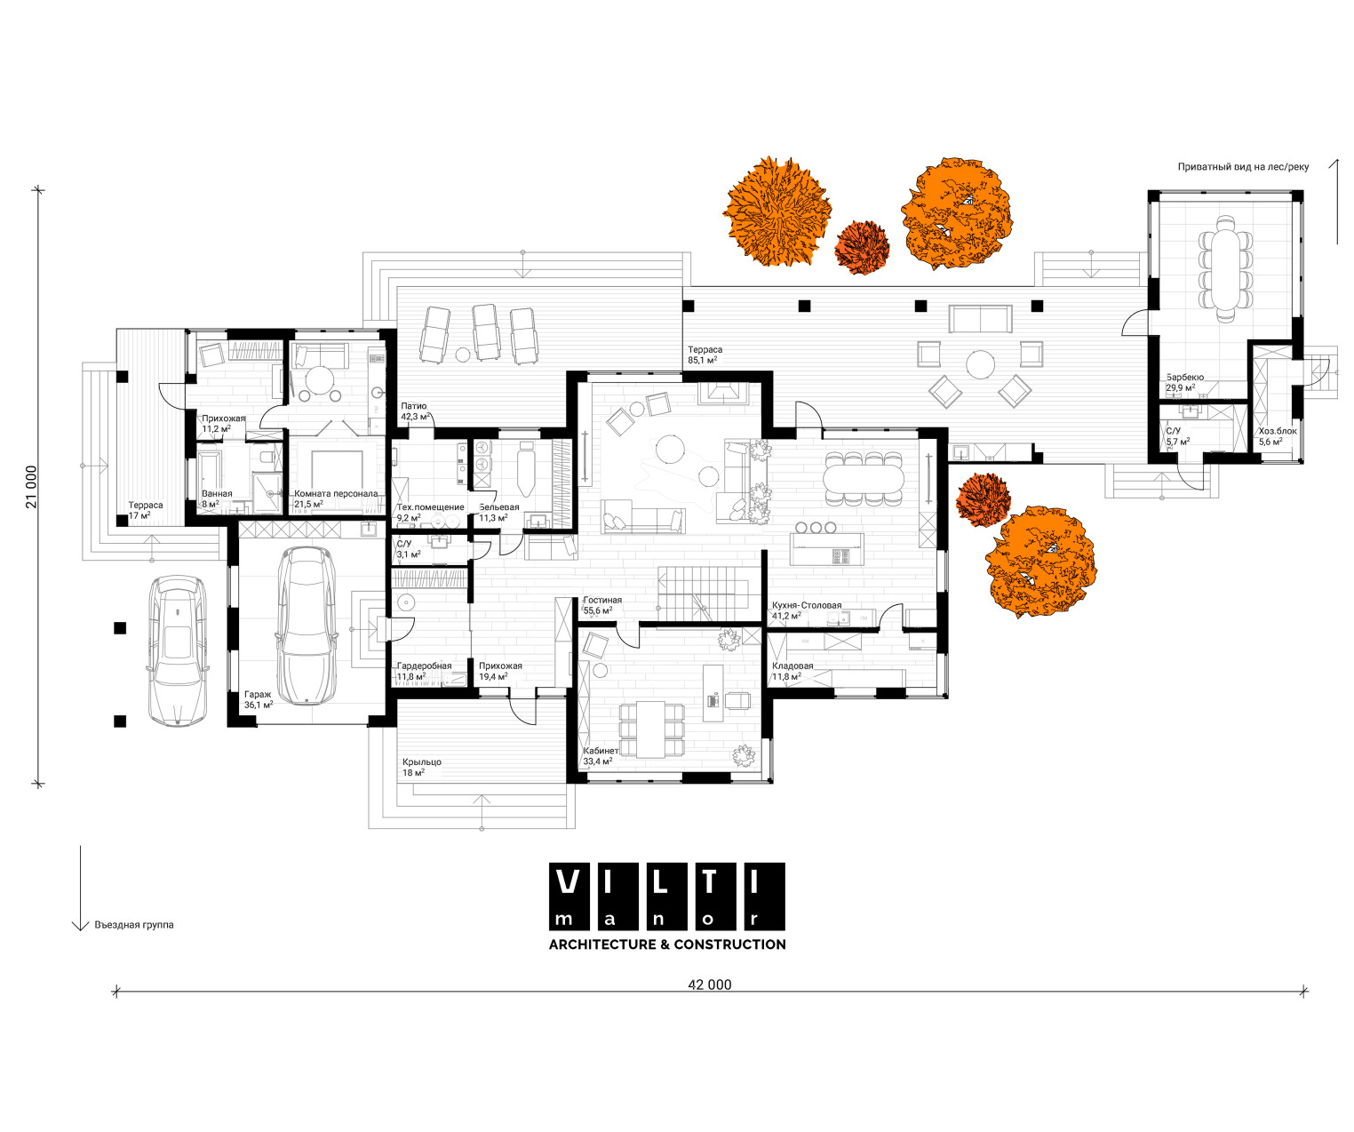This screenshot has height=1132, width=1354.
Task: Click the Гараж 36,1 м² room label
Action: coord(258,699)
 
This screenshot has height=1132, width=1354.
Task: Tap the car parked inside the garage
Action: coord(307,626)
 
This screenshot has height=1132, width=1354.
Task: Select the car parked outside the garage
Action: coord(178,650)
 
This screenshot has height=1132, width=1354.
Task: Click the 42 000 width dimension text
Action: coord(709,985)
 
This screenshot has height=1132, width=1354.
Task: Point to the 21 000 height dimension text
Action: coord(31,487)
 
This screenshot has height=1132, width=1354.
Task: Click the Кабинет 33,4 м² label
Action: coord(601,756)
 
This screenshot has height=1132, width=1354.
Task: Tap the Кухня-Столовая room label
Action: coord(807,605)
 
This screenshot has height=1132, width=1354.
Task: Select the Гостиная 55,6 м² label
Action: coord(602,605)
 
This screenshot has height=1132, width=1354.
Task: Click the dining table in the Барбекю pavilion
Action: coord(1225,268)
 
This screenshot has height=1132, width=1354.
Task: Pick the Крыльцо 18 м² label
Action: coord(421,767)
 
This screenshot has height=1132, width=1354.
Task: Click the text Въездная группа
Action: coord(134,924)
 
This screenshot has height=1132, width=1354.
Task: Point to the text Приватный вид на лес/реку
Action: coord(1243,167)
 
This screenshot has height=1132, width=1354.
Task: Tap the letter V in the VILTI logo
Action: coord(569,881)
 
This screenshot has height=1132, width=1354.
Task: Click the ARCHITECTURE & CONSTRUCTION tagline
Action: coord(667,945)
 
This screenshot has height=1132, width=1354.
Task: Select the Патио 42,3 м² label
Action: coord(416,411)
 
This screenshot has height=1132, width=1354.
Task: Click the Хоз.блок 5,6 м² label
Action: coord(1278,436)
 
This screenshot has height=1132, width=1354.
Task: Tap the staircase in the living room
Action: coord(704,593)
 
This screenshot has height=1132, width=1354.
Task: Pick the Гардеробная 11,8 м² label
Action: coord(424,671)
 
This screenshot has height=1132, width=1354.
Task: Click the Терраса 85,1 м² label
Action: coord(705,355)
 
